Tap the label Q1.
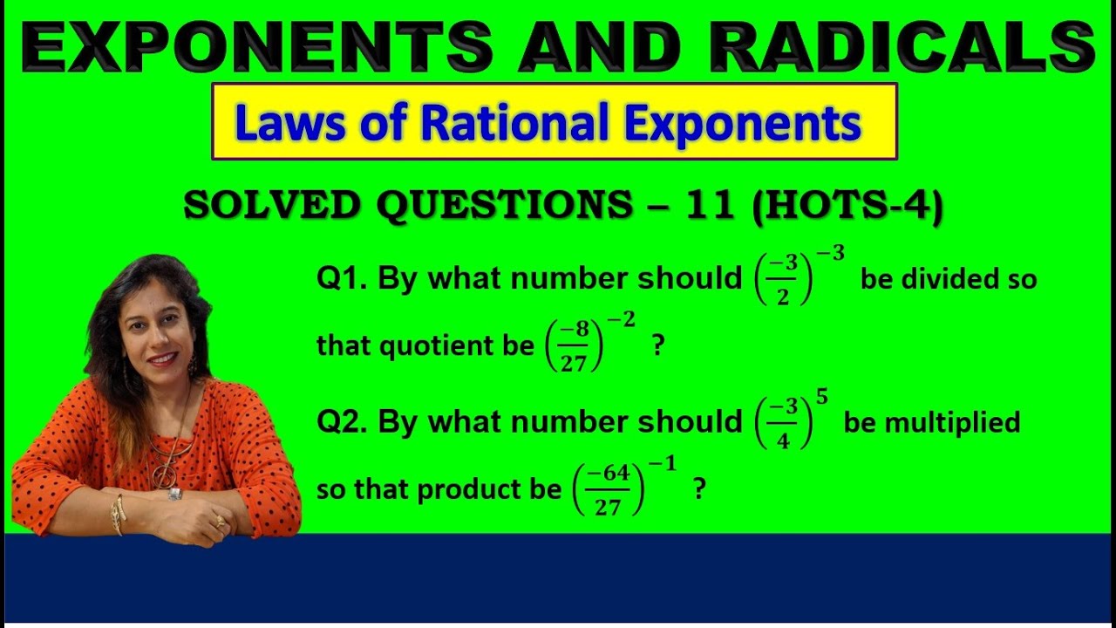(342, 279)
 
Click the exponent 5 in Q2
(821, 399)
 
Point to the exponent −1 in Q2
(667, 464)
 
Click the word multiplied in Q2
(952, 422)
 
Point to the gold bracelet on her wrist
(117, 515)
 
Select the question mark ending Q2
(698, 490)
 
